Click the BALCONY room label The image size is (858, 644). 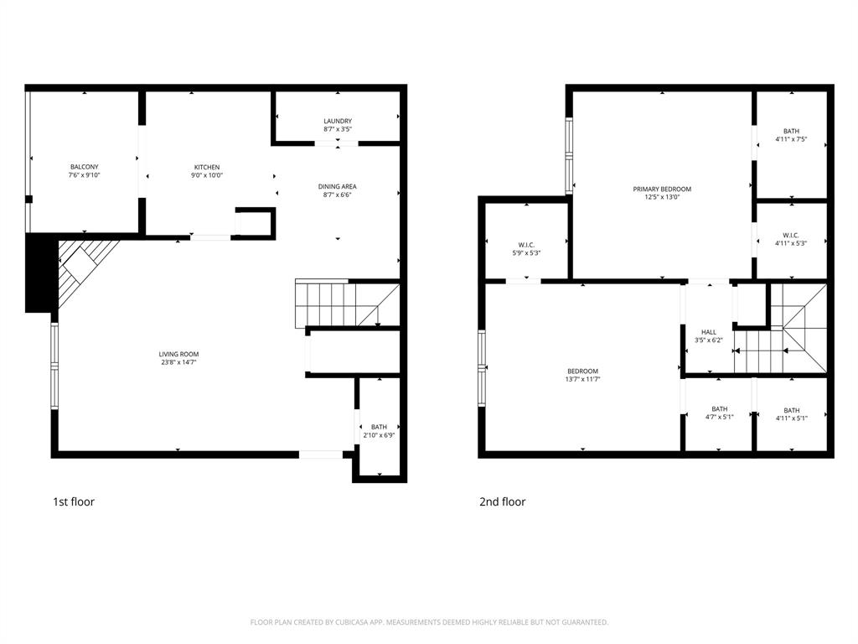pyautogui.click(x=84, y=167)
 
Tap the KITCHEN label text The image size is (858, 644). pyautogui.click(x=207, y=167)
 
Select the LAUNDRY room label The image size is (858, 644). pyautogui.click(x=338, y=121)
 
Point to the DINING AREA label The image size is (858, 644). pyautogui.click(x=338, y=186)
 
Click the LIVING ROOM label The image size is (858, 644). pyautogui.click(x=178, y=355)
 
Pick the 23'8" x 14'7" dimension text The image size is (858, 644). pyautogui.click(x=178, y=363)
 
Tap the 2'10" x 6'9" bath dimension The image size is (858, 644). pyautogui.click(x=380, y=435)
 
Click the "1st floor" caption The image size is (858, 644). pyautogui.click(x=74, y=501)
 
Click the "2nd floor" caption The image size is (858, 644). pyautogui.click(x=503, y=501)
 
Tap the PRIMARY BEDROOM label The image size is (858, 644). pyautogui.click(x=662, y=190)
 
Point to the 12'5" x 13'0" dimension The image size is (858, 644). pyautogui.click(x=662, y=198)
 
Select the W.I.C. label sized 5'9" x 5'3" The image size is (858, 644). pyautogui.click(x=527, y=245)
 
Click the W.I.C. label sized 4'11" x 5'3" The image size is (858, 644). pyautogui.click(x=791, y=235)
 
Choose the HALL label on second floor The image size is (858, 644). pyautogui.click(x=709, y=332)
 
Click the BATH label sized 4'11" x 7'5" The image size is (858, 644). pyautogui.click(x=791, y=131)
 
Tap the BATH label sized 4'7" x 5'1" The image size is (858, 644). pyautogui.click(x=720, y=409)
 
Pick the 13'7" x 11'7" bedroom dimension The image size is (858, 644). pyautogui.click(x=582, y=380)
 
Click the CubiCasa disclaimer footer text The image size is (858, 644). pyautogui.click(x=429, y=622)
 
